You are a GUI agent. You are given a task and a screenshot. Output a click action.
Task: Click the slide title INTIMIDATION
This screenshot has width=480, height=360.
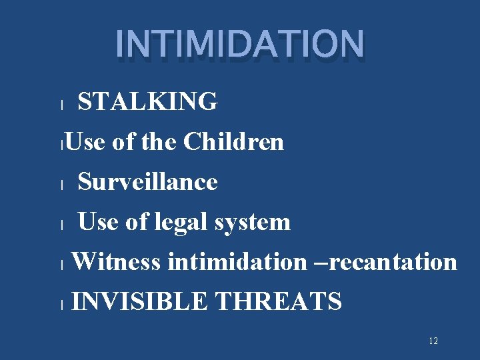(x=240, y=43)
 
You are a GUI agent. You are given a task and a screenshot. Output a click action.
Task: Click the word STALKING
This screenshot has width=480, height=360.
(x=147, y=102)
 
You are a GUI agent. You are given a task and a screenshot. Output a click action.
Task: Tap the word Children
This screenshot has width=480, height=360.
(x=233, y=142)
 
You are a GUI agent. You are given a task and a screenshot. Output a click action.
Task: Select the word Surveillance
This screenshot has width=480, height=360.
(x=147, y=182)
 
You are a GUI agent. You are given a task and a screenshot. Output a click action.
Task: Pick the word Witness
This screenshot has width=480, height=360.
(x=116, y=262)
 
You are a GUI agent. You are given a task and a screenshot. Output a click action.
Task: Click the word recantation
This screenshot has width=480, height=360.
(x=393, y=262)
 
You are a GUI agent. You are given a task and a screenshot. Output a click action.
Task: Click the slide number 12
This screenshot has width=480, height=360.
(x=433, y=341)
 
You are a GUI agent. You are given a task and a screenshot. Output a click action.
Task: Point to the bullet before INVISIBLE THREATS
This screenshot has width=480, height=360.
(x=61, y=305)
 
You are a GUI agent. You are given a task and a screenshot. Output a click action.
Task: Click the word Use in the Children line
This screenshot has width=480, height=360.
(x=85, y=142)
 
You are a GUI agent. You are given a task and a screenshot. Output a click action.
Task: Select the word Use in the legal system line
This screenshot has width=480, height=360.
(x=99, y=222)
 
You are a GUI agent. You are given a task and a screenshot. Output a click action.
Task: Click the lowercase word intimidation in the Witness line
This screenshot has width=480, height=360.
(x=237, y=262)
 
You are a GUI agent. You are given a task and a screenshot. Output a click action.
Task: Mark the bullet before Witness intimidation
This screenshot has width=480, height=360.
(x=61, y=265)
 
